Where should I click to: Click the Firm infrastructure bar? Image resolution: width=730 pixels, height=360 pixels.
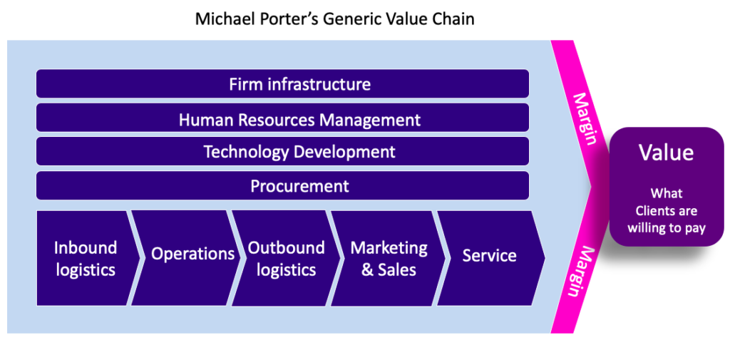click(x=282, y=84)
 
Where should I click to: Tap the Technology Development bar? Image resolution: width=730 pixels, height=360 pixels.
click(x=282, y=151)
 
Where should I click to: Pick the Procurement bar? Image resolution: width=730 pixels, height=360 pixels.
click(x=282, y=185)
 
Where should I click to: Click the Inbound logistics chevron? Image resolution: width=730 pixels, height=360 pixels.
click(x=86, y=259)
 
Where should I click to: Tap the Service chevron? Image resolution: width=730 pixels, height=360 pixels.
click(x=490, y=259)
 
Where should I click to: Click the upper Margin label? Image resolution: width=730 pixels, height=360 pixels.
click(x=585, y=119)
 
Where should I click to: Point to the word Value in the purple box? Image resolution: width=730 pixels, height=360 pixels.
click(x=667, y=153)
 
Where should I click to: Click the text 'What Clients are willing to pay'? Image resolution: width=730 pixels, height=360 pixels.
click(x=667, y=210)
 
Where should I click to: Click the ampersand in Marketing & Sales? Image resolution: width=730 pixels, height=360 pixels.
click(x=368, y=270)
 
